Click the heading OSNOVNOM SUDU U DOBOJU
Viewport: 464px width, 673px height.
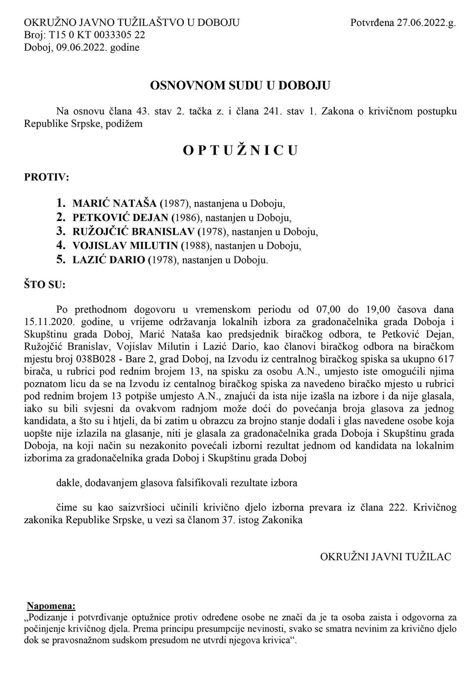240,85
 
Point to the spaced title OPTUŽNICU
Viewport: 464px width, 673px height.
240,150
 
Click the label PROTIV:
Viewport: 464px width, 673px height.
46,178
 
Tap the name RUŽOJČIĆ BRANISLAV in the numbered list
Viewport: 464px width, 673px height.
134,232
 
